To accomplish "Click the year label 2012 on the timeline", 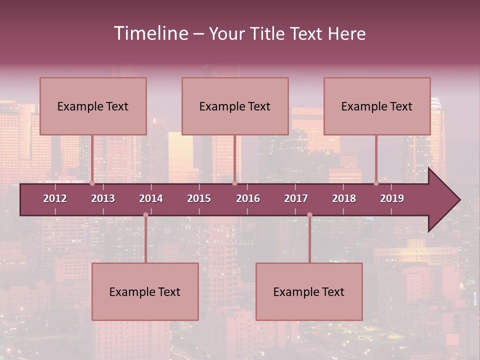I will (55, 198).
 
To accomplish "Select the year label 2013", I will (103, 198).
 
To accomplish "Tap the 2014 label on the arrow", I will (151, 198).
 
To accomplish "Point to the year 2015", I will (199, 198).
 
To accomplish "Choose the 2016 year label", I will (248, 198).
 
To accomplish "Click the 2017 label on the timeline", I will (296, 198).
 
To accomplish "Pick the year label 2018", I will (344, 198).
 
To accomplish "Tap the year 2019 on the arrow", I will (392, 198).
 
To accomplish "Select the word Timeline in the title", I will (150, 33).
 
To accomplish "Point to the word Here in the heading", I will (346, 34).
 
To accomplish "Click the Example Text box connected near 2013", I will (93, 106).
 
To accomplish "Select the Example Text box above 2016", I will (235, 106).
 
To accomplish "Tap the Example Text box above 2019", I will (377, 106).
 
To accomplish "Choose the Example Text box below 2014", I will (145, 291).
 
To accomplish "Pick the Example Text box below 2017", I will (309, 291).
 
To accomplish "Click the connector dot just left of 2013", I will (92, 183).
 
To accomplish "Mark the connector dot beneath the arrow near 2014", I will (145, 215).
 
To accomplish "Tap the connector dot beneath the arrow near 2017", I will (309, 215).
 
